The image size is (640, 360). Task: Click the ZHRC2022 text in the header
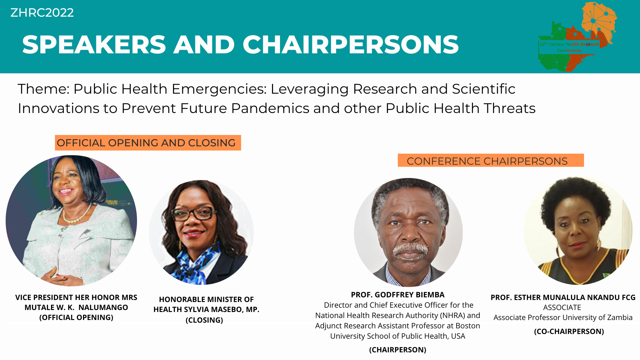[x=42, y=13]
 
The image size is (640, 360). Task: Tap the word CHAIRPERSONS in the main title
[x=350, y=45]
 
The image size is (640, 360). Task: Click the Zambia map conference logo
[x=577, y=37]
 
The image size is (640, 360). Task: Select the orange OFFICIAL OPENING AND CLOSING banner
[x=148, y=143]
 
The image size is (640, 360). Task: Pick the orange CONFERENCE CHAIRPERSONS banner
[x=490, y=161]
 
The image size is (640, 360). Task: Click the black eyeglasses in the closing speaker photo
[x=194, y=214]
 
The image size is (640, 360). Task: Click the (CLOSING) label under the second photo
[x=204, y=320]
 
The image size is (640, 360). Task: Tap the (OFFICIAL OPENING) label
[x=76, y=317]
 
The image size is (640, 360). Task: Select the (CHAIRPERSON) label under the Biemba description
[x=398, y=350]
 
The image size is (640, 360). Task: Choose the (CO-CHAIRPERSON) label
[x=569, y=331]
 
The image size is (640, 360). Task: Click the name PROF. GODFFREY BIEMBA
[x=398, y=295]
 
